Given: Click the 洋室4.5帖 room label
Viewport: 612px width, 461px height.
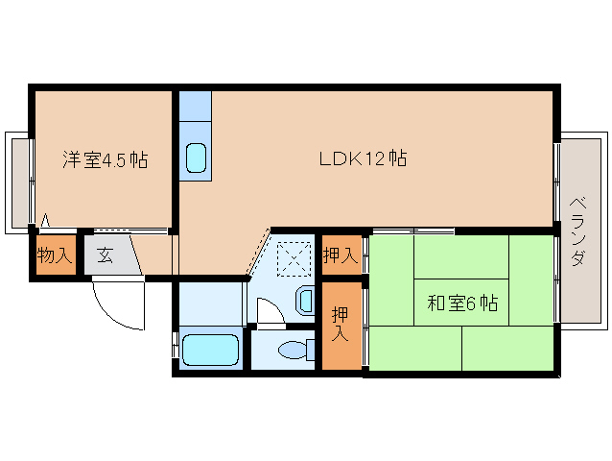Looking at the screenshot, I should pyautogui.click(x=105, y=160).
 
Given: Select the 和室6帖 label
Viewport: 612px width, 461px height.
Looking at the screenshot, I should pyautogui.click(x=461, y=303).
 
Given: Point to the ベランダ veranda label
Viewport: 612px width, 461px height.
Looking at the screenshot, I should pyautogui.click(x=577, y=231).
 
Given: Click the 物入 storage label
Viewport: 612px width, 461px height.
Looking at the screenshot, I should pyautogui.click(x=54, y=256).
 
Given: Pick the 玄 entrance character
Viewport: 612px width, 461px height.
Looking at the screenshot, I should pyautogui.click(x=104, y=256).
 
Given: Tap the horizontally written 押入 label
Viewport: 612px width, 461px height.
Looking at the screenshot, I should pyautogui.click(x=341, y=255).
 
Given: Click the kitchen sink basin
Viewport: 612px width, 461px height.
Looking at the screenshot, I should pyautogui.click(x=196, y=158).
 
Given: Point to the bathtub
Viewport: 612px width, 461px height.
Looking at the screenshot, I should pyautogui.click(x=208, y=350).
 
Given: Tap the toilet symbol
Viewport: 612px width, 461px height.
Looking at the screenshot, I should pyautogui.click(x=295, y=352).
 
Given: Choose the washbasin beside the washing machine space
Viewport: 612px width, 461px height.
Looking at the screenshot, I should pyautogui.click(x=305, y=302).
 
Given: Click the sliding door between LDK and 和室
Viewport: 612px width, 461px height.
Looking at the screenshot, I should pyautogui.click(x=412, y=230).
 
